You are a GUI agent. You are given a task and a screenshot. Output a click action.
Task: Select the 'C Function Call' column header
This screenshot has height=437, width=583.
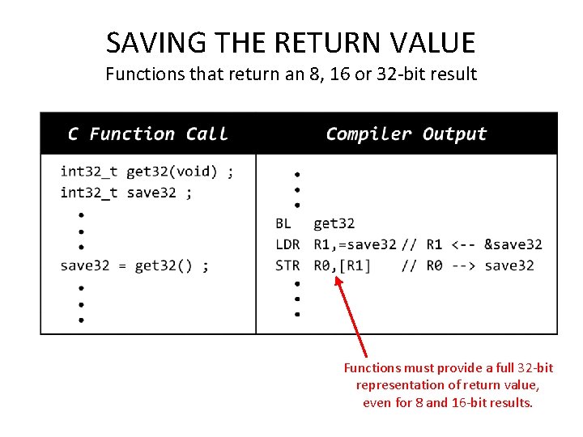pyautogui.click(x=148, y=134)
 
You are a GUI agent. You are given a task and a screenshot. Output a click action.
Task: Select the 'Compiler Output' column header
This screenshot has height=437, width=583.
pyautogui.click(x=406, y=134)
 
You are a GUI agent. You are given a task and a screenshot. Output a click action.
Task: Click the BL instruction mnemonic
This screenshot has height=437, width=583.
pyautogui.click(x=283, y=223)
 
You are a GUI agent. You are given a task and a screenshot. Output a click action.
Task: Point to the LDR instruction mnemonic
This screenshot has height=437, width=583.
pyautogui.click(x=287, y=244)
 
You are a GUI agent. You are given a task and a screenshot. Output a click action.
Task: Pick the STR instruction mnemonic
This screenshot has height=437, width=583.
pyautogui.click(x=287, y=265)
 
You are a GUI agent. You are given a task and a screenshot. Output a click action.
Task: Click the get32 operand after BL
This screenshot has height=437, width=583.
pyautogui.click(x=334, y=223)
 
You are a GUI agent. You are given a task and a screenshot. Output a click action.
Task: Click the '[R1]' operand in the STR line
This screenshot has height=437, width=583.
pyautogui.click(x=355, y=265)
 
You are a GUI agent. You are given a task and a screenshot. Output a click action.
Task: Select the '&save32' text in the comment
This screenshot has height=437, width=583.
pyautogui.click(x=513, y=244)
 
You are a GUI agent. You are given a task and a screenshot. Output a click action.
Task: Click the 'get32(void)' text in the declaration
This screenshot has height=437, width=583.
pyautogui.click(x=172, y=172)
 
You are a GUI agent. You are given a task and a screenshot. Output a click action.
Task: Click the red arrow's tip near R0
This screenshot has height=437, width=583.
pyautogui.click(x=337, y=278)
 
